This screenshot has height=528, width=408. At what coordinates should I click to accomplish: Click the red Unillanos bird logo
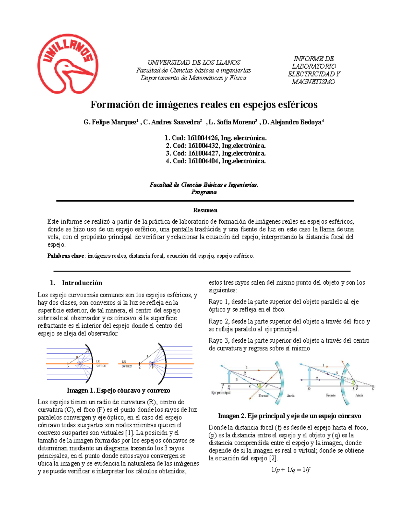point(68,64)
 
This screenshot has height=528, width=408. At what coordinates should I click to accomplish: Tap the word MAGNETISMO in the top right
point(313,82)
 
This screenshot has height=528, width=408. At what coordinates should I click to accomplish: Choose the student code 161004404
point(203,161)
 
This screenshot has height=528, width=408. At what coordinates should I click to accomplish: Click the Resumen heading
point(205,210)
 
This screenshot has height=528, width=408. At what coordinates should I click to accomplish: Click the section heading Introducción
point(82,283)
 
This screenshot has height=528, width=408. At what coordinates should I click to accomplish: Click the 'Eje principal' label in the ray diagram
point(221,392)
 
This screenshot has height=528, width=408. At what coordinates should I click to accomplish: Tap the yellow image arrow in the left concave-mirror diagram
point(260,385)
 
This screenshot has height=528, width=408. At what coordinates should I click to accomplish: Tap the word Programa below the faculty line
point(204,192)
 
